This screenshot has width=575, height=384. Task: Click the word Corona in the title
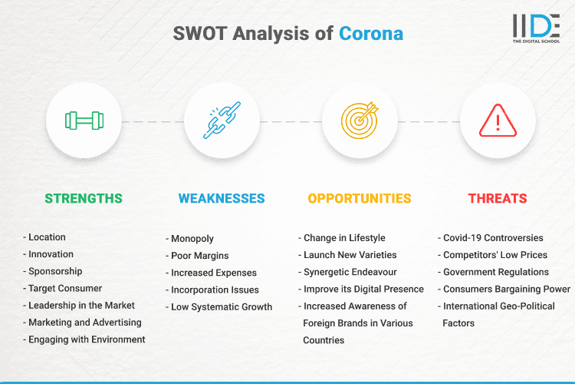click(371, 34)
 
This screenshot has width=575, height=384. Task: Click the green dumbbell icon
click(84, 121)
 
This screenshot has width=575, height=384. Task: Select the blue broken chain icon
click(222, 121)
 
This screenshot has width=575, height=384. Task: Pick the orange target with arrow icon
click(360, 121)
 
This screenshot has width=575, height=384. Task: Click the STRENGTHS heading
click(84, 198)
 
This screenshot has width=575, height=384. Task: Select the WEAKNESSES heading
click(222, 198)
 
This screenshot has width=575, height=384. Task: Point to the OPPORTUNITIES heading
click(360, 198)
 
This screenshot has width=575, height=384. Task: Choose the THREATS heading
click(498, 198)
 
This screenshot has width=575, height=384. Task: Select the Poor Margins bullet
click(201, 256)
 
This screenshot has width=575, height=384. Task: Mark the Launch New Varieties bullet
click(350, 255)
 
